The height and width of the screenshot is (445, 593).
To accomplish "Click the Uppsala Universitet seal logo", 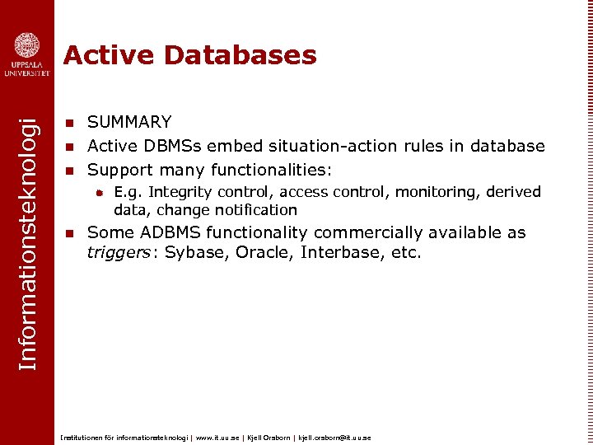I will pos(26,45).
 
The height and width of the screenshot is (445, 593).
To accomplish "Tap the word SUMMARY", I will pos(129,123).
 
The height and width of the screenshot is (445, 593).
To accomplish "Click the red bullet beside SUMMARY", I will pos(70,123).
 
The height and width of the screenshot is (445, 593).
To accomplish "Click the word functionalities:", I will pos(271,171).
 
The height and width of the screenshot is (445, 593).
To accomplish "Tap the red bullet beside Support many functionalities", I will pos(70,171).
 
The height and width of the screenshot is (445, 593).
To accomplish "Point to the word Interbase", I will pos(340,252).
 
